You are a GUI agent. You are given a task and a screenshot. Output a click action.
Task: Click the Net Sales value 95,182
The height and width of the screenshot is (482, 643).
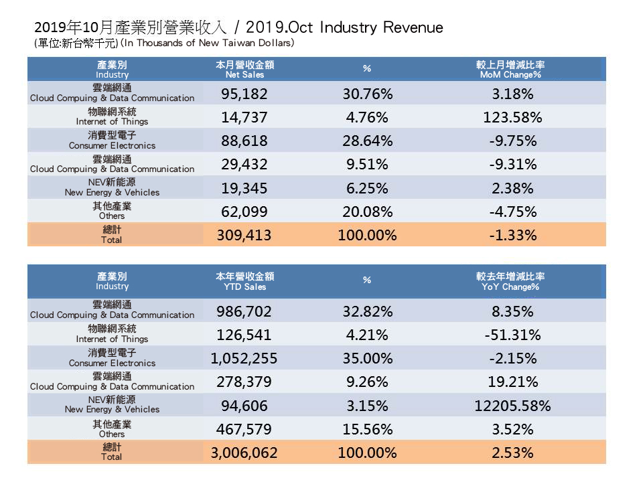[244, 94]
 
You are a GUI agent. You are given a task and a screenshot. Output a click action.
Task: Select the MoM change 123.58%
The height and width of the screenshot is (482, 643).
[512, 118]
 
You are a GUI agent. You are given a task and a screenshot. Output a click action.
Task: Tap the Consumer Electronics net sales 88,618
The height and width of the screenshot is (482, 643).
[244, 141]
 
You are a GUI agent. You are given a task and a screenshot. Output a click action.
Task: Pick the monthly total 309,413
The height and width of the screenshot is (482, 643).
[244, 236]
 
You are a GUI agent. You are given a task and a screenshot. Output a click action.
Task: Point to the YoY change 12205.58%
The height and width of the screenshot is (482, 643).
[512, 406]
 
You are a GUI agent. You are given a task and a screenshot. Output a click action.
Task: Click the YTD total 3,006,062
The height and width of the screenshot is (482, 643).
[244, 453]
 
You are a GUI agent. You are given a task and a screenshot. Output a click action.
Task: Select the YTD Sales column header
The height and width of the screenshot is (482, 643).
[245, 281]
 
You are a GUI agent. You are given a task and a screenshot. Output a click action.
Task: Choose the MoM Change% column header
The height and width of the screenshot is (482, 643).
[510, 70]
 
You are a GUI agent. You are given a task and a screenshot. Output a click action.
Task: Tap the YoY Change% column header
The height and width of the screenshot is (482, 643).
[510, 281]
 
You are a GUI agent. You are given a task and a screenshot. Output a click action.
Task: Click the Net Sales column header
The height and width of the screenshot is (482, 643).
[245, 70]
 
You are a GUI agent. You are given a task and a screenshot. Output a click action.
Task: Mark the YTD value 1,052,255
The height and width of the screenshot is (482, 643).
[244, 358]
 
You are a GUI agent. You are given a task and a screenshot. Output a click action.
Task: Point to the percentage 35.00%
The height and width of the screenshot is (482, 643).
[366, 358]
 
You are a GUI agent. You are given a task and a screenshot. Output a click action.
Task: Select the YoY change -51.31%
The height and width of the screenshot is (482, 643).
[512, 335]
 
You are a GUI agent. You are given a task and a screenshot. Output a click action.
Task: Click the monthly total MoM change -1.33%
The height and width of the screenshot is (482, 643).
[512, 236]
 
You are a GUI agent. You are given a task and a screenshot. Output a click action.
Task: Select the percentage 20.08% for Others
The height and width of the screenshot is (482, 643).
[366, 212]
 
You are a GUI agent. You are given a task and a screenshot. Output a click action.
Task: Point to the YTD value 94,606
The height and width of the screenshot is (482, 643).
[244, 406]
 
